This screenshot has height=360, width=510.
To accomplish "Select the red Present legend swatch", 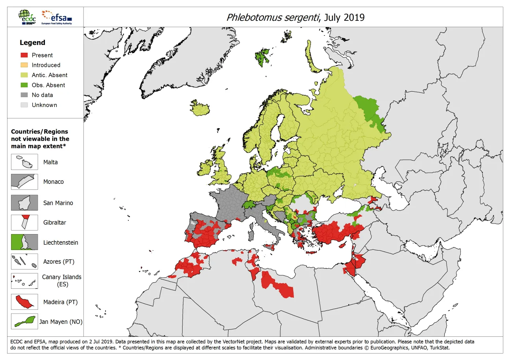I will [x=24, y=55].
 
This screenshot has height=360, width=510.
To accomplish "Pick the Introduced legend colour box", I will [x=24, y=65].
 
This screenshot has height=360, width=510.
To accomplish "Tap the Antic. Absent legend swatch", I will [x=24, y=75].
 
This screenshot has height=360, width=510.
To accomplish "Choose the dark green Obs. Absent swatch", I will [x=24, y=85].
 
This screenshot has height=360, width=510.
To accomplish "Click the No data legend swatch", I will [x=24, y=95].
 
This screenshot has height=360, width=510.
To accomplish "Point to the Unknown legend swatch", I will [x=24, y=105].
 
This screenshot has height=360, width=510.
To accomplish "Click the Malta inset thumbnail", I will [x=24, y=162].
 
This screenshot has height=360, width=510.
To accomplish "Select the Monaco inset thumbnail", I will [x=24, y=182].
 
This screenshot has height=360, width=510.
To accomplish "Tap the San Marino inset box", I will [x=24, y=203].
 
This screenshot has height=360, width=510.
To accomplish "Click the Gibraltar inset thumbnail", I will [x=24, y=222].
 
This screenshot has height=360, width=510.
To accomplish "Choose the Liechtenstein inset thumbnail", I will [x=24, y=242].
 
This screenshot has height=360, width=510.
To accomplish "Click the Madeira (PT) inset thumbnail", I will [x=24, y=302].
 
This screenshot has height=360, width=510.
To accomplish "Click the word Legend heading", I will [x=32, y=42].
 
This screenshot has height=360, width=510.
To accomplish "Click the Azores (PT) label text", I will [x=58, y=262].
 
